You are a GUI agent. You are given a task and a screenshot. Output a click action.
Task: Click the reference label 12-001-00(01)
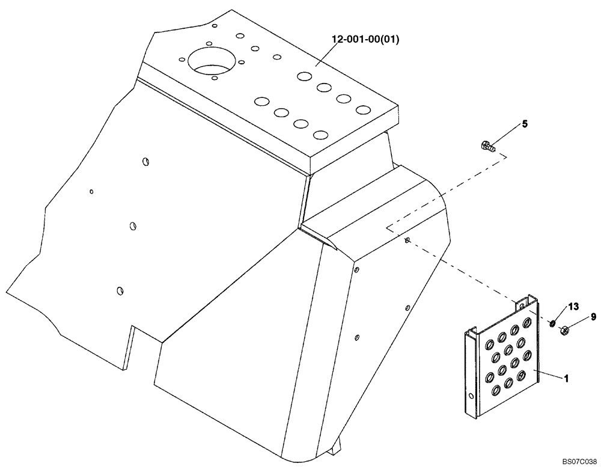(x=365, y=40)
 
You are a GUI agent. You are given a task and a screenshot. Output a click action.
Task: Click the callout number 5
(x=525, y=124)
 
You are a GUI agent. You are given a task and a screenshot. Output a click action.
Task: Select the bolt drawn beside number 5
(x=487, y=146)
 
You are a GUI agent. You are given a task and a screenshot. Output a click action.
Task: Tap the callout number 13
(x=573, y=307)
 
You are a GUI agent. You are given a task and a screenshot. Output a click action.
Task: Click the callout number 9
(x=593, y=316)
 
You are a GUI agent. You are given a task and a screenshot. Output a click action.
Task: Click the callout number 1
(x=566, y=379)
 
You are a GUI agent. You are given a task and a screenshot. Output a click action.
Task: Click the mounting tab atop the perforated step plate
(x=526, y=304)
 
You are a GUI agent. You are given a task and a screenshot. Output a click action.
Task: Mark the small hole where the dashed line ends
(x=408, y=241)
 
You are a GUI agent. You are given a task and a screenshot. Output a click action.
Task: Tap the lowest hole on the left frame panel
(x=120, y=290)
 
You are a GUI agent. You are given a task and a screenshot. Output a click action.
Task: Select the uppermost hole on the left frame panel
(x=145, y=161)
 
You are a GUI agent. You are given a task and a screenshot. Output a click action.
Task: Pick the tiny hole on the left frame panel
(x=91, y=192)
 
